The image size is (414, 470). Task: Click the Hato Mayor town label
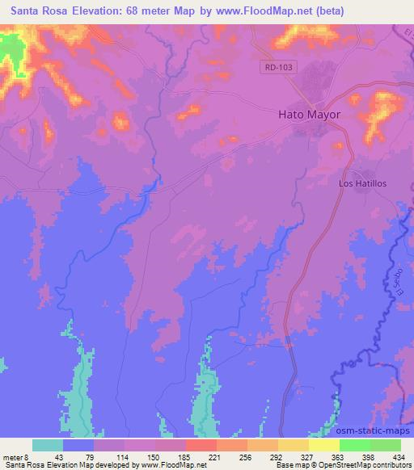(310, 115)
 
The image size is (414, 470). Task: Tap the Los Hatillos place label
(362, 183)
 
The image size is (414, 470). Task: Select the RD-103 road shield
(277, 68)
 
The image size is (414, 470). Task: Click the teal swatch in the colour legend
(48, 445)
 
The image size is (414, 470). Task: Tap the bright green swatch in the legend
(354, 445)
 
